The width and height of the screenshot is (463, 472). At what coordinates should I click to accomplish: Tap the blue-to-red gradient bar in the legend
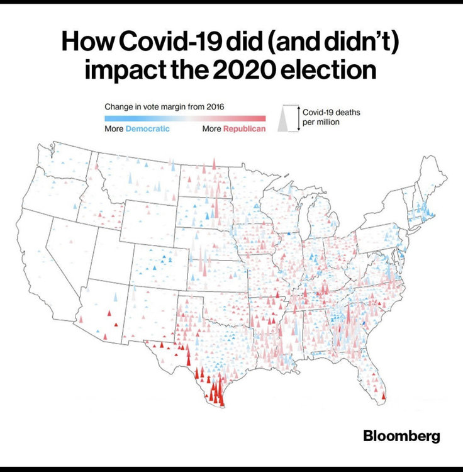[x=185, y=118]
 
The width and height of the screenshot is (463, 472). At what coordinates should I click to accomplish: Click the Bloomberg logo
[x=401, y=435]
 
